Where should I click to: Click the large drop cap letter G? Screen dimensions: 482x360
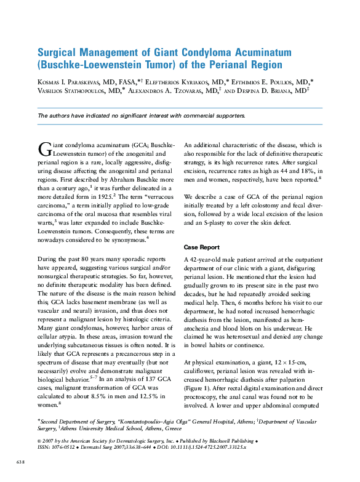pyautogui.click(x=44, y=148)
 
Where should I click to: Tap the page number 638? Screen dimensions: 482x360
pyautogui.click(x=20, y=461)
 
